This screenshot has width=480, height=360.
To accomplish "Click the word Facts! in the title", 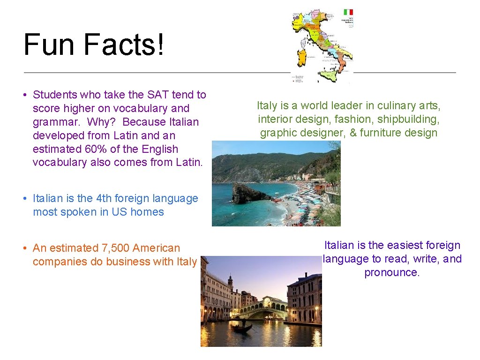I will (124, 45).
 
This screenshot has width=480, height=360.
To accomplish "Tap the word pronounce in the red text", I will (391, 272).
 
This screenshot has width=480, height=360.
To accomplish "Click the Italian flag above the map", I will (348, 12).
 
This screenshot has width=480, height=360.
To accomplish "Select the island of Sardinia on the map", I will (302, 57).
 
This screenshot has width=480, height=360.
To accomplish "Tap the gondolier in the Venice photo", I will (243, 323).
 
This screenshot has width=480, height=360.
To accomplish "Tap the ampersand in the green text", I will (353, 133).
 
